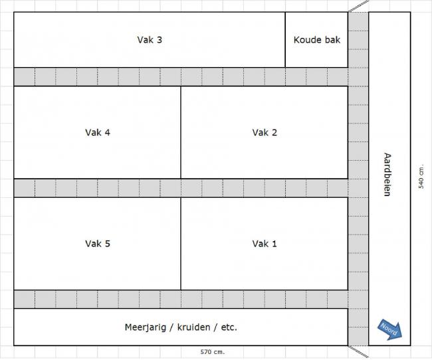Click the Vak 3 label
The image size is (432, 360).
[150, 40]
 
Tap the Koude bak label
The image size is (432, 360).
[316, 40]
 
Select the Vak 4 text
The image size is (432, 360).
[98, 132]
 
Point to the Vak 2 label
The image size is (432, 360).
[265, 132]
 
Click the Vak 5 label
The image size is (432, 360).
[98, 244]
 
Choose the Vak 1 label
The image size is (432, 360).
[265, 244]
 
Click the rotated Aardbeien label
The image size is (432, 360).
[387, 175]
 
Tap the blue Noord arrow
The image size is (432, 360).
[390, 329]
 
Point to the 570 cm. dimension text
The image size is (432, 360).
[213, 352]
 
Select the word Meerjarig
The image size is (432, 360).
[144, 327]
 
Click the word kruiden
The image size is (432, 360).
[192, 327]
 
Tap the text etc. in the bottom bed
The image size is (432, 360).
[228, 327]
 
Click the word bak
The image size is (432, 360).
[332, 40]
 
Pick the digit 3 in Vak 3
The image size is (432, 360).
[160, 40]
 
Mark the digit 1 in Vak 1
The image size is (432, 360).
[274, 244]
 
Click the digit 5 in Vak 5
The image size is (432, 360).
[107, 244]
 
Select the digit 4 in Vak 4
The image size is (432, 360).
[107, 132]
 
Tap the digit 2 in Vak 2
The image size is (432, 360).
[274, 132]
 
